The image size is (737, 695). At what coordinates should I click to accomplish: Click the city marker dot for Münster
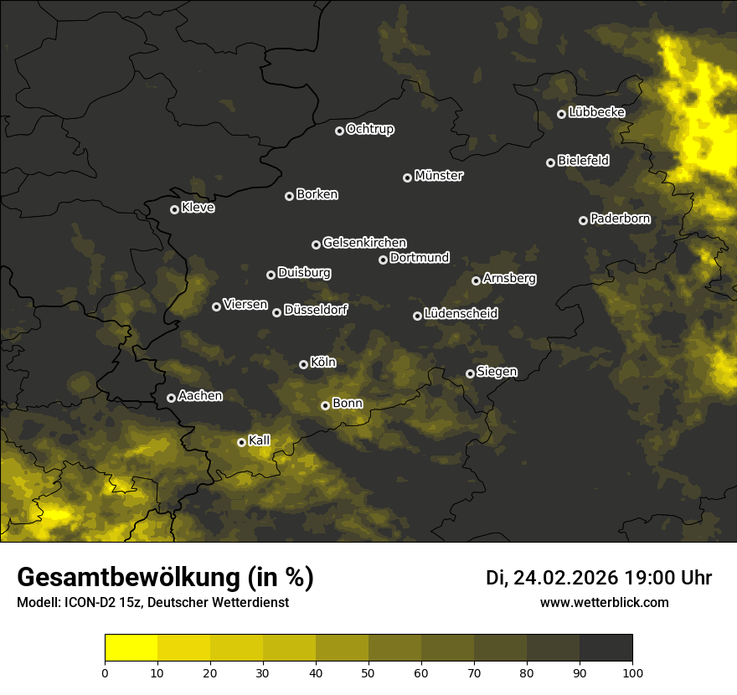tap(408, 178)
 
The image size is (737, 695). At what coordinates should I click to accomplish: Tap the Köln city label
tap(322, 363)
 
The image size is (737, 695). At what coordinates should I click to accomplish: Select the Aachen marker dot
tap(171, 398)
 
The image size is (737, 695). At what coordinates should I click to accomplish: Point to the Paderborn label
tap(620, 219)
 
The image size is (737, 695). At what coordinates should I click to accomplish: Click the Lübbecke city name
tap(596, 112)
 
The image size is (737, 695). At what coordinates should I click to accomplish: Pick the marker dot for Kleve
tap(174, 209)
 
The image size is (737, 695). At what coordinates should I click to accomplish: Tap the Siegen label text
tap(497, 372)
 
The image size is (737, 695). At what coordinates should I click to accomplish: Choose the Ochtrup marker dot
tap(339, 131)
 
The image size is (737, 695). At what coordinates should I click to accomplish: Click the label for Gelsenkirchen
tap(364, 243)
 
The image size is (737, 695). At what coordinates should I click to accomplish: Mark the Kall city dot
tap(241, 442)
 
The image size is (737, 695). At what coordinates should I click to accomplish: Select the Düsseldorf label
tap(316, 310)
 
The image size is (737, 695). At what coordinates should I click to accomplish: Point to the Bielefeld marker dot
tap(550, 162)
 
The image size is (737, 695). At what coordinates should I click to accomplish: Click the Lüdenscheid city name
tap(461, 314)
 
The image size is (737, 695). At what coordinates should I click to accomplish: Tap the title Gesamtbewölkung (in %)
tap(165, 578)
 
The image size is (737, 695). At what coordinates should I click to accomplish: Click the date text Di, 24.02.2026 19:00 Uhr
tap(599, 578)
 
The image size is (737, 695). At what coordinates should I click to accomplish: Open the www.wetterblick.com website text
tap(604, 602)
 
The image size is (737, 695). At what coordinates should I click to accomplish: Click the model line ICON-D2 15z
tap(152, 602)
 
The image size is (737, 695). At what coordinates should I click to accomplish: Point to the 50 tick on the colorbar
tap(368, 672)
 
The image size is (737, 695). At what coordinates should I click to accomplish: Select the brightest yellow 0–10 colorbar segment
tap(131, 648)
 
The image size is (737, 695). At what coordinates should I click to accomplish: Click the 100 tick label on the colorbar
tap(632, 672)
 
